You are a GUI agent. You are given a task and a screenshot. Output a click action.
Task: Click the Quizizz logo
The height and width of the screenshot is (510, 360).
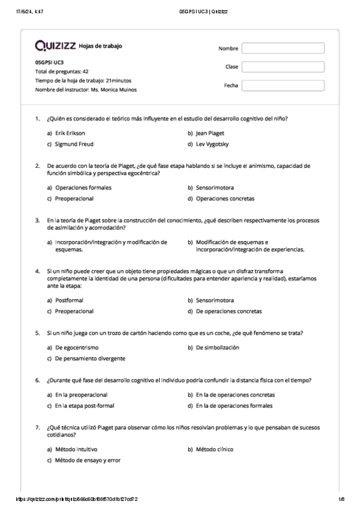point(56,46)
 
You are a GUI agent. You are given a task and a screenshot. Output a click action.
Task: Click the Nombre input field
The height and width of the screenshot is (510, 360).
point(282,49)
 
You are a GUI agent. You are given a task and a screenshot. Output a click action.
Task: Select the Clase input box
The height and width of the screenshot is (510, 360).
point(282,67)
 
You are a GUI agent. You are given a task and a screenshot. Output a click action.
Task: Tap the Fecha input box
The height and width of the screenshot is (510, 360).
point(282,85)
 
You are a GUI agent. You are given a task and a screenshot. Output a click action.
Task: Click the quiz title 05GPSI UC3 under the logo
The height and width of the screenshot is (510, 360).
point(49,62)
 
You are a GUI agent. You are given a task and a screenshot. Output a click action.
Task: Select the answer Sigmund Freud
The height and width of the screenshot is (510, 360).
point(74,144)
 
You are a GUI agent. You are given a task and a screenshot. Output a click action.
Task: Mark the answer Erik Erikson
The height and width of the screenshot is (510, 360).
point(70,133)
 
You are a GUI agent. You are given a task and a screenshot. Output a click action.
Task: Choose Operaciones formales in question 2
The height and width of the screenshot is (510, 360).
point(83,187)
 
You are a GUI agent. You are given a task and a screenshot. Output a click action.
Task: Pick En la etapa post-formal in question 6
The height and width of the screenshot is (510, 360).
point(84,405)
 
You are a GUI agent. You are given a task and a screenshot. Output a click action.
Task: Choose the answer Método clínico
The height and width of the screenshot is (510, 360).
point(215,449)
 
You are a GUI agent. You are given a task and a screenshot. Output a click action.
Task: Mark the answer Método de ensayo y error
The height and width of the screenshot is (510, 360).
point(87,460)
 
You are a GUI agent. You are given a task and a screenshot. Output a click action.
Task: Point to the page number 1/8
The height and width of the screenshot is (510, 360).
point(341,499)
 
